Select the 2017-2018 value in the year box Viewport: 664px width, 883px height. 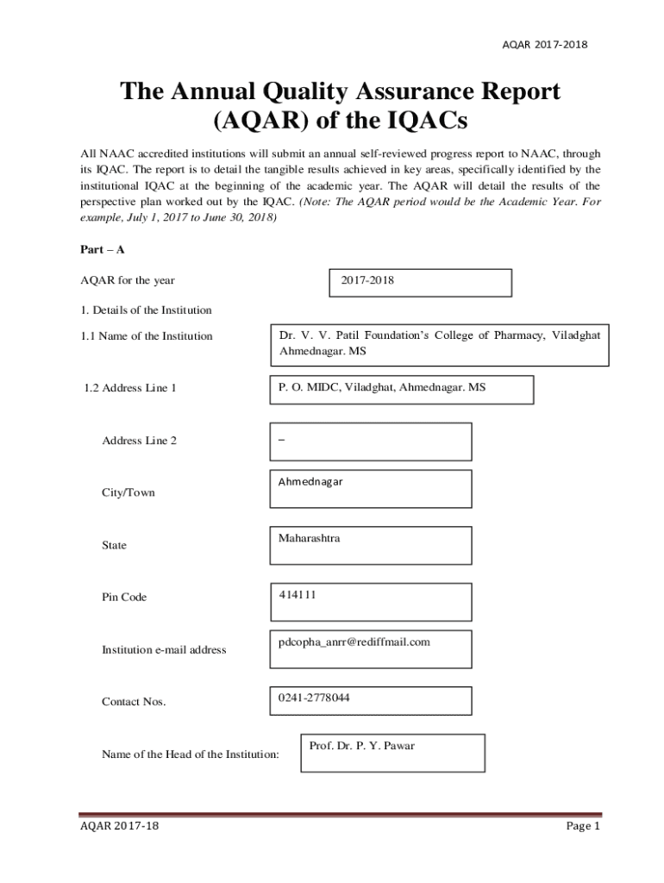368,280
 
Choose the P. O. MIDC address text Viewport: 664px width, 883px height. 382,388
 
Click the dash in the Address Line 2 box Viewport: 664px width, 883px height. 282,440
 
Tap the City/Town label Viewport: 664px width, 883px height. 128,493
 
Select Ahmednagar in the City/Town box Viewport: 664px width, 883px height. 310,482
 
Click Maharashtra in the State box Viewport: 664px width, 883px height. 310,538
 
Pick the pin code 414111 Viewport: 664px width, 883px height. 297,594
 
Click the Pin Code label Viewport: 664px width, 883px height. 124,597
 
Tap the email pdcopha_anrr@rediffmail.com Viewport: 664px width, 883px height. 354,642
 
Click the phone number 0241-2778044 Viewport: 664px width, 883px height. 314,698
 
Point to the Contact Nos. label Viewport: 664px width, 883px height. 134,702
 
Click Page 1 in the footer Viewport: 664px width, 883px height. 583,826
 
